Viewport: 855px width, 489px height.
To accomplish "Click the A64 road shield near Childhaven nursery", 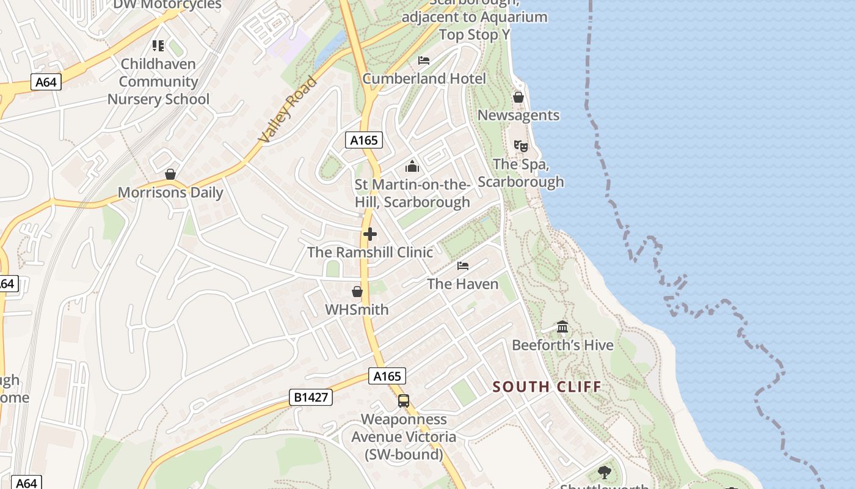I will click(46, 82).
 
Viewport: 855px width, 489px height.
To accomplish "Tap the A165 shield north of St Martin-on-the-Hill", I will click(363, 140).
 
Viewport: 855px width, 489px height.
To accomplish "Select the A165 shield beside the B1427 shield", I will click(387, 376).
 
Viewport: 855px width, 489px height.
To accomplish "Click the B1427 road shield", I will click(311, 397).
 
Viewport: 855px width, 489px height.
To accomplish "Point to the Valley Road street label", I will click(288, 110).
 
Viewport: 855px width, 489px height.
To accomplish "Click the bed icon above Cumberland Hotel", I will click(424, 60).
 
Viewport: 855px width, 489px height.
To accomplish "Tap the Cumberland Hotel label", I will click(424, 78).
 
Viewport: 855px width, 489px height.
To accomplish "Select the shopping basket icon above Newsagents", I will click(518, 97).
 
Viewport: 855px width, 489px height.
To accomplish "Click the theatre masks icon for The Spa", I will click(521, 146).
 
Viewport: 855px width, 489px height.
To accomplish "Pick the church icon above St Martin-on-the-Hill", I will click(412, 166).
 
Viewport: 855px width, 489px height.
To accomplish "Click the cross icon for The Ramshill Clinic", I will click(369, 234).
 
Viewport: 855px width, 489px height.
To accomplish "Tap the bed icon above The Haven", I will click(463, 266).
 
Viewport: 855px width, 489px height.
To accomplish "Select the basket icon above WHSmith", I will click(357, 292).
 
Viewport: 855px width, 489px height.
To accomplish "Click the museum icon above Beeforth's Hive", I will click(562, 327).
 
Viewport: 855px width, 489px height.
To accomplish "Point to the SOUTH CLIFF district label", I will click(547, 386).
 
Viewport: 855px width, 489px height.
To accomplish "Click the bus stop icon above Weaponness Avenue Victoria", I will click(403, 401).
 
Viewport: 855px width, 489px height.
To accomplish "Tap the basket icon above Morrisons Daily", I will click(170, 174).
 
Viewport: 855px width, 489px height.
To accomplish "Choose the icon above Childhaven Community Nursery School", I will click(158, 45).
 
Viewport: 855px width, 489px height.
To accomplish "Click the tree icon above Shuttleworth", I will click(604, 472).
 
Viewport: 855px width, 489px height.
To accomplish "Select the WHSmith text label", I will click(357, 309).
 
